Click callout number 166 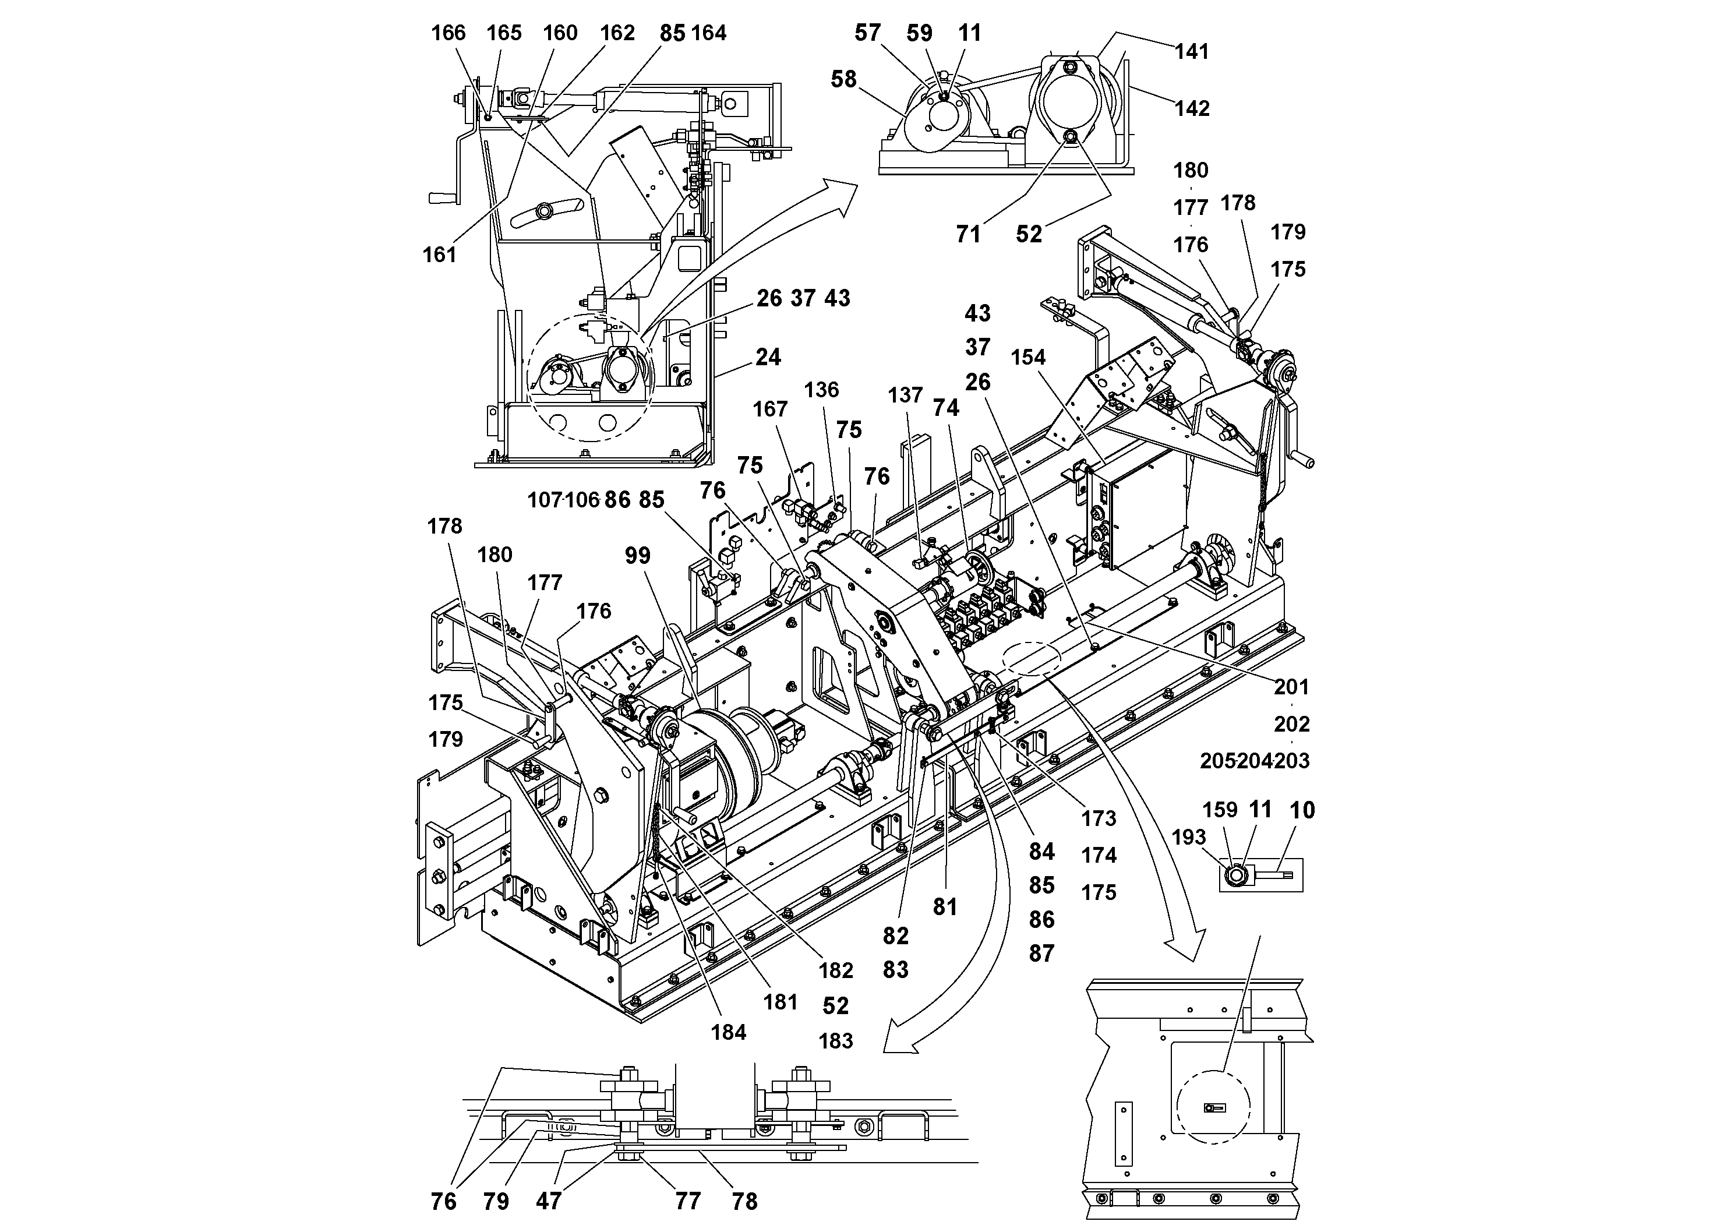tap(448, 33)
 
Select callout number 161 tap(440, 255)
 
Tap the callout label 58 tap(843, 79)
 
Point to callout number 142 tap(1192, 109)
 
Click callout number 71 tap(968, 235)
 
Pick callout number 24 tap(768, 357)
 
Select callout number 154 tap(1029, 358)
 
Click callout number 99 tap(637, 556)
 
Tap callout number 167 tap(769, 409)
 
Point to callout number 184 tap(728, 1032)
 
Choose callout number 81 tap(945, 907)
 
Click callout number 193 tap(1189, 837)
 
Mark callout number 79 tap(496, 1202)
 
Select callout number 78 tap(744, 1202)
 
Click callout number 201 tap(1291, 687)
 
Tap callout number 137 tap(905, 396)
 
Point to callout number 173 tap(1098, 818)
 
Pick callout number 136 tap(821, 390)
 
